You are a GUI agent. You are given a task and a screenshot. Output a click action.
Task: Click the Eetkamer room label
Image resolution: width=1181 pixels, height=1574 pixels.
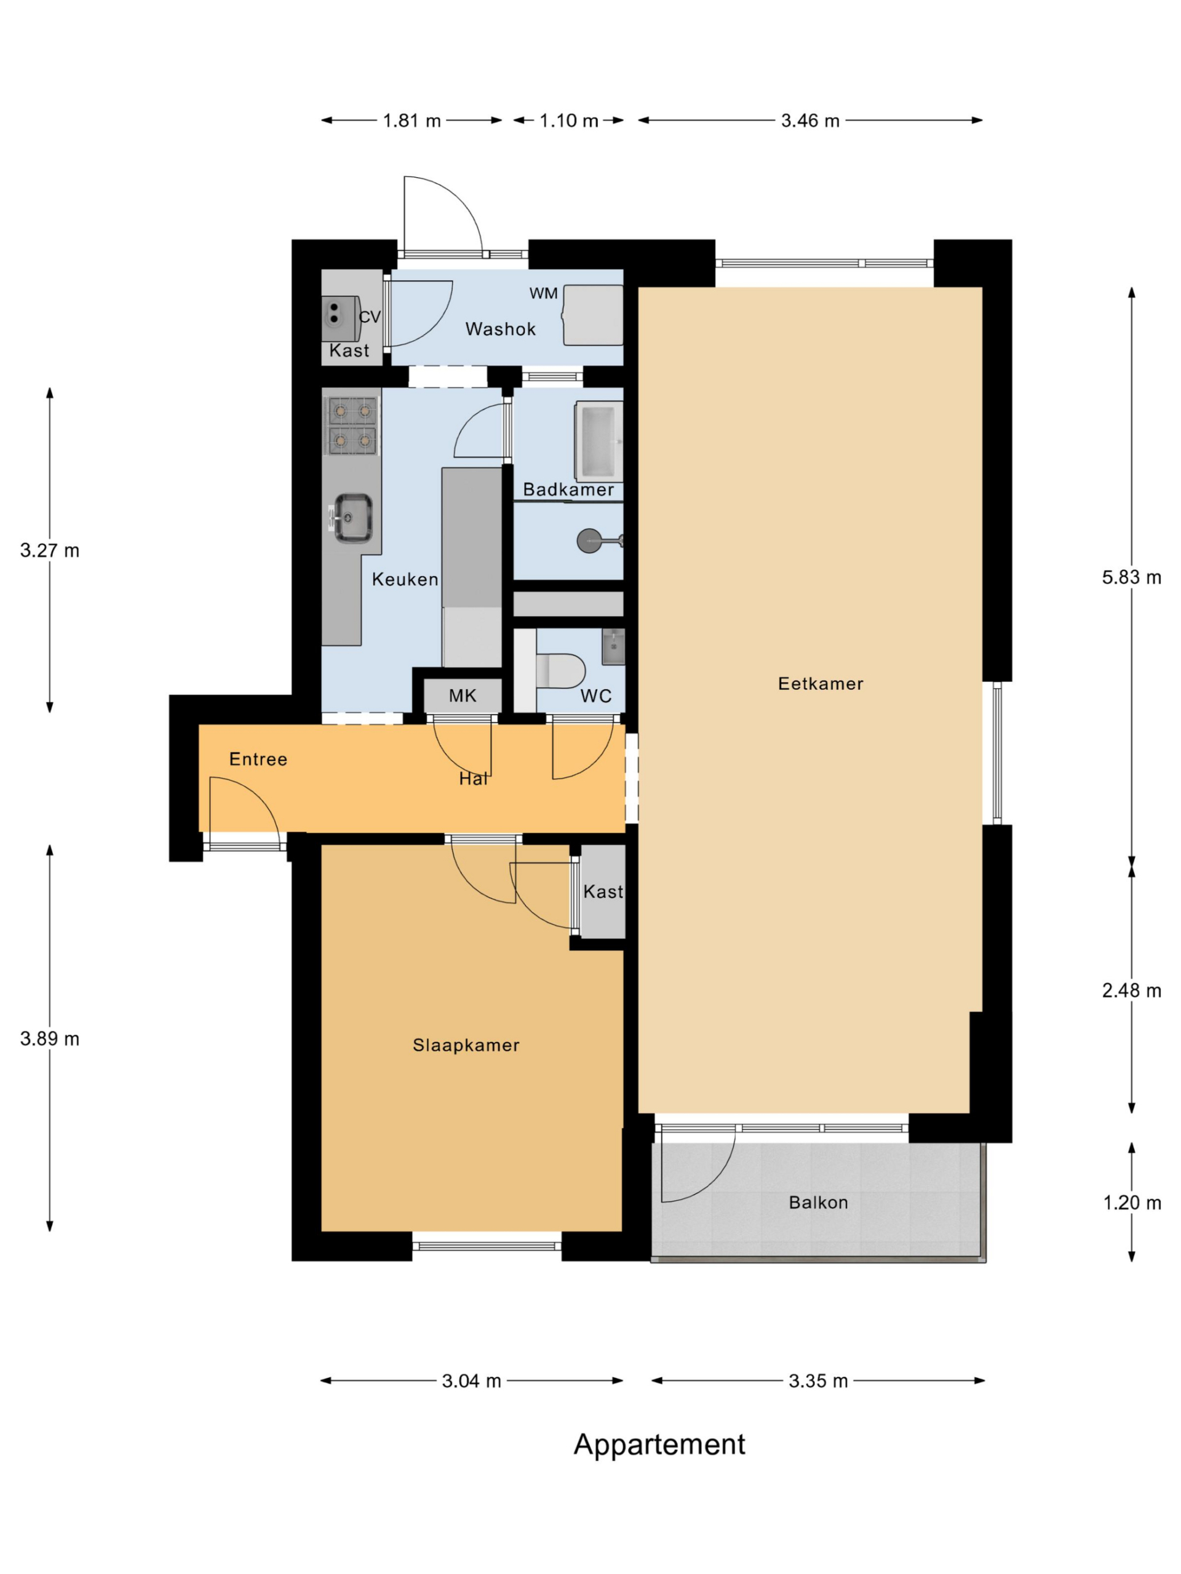(x=820, y=684)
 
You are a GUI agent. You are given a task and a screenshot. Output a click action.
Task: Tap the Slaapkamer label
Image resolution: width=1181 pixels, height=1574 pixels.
(x=466, y=1045)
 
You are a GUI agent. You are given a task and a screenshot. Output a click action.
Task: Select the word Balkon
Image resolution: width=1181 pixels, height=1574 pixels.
(x=819, y=1203)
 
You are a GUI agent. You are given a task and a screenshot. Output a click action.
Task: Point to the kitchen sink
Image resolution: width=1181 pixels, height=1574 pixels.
(x=352, y=517)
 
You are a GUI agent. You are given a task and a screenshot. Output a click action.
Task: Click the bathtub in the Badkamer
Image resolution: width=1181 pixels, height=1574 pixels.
(x=598, y=441)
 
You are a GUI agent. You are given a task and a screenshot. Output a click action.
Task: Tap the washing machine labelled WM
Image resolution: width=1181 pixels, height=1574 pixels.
(x=593, y=315)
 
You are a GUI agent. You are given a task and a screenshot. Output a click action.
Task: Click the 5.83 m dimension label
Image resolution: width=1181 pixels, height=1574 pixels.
(x=1132, y=578)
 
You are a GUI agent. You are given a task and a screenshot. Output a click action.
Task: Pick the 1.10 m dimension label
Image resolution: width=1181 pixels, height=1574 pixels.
(x=569, y=121)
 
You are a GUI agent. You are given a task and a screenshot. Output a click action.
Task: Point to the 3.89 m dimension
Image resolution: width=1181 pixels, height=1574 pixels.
(x=50, y=1039)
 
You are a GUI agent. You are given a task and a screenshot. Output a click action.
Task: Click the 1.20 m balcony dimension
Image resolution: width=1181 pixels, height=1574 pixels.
(x=1132, y=1203)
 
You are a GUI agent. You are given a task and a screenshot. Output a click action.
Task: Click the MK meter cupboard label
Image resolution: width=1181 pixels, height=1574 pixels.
(x=463, y=696)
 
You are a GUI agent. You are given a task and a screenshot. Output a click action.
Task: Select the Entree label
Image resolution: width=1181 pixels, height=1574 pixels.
(x=258, y=759)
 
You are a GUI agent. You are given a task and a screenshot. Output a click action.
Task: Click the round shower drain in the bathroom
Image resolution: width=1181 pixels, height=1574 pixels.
(x=589, y=541)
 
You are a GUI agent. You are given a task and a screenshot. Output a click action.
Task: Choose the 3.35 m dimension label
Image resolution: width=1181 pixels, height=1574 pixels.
(x=819, y=1381)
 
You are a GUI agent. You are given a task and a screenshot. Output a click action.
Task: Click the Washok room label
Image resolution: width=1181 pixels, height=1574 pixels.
(x=501, y=329)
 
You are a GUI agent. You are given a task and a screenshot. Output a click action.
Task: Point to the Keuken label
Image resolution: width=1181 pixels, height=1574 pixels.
(x=405, y=579)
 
